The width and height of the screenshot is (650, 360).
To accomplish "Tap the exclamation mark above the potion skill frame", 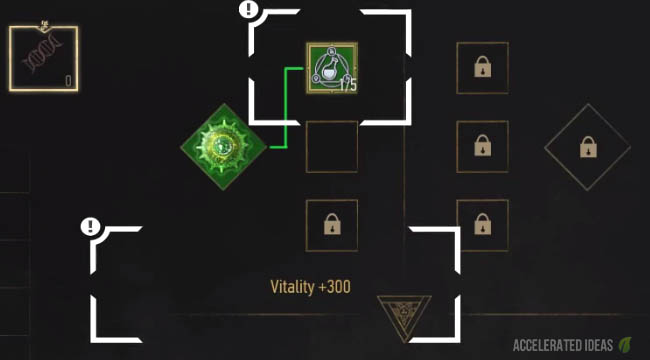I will coord(249,11).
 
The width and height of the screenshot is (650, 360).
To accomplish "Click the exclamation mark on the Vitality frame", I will coord(91,226).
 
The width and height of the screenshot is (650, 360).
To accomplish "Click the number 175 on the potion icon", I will coord(348,86).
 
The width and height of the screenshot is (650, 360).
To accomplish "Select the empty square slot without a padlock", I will coord(331,147).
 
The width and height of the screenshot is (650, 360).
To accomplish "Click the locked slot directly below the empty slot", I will coord(331,225).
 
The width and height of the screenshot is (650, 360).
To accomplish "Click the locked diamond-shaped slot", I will coord(587,147).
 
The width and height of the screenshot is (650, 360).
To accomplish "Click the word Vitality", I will coord(293,286).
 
